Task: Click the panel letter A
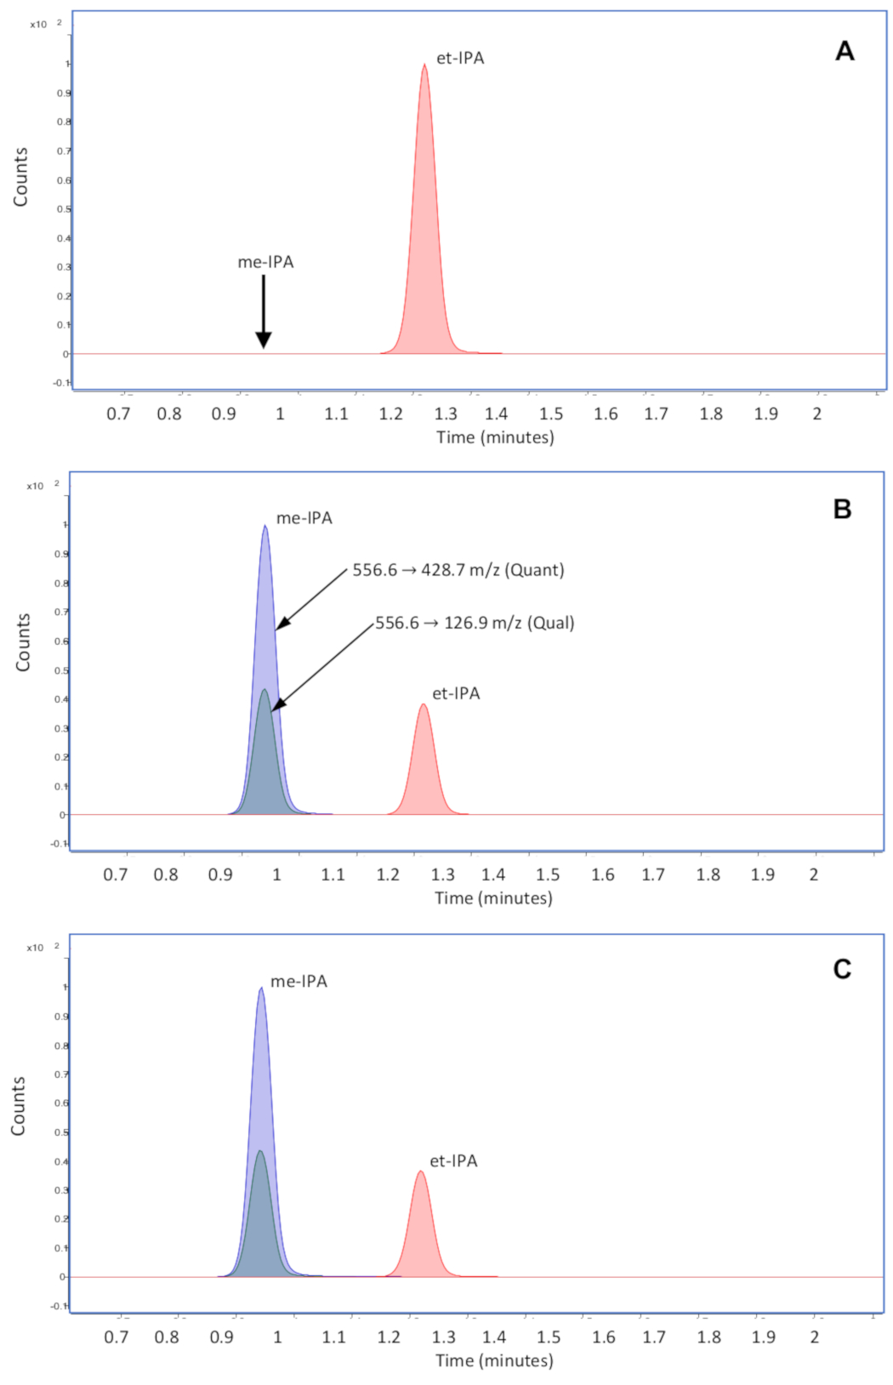click(x=844, y=51)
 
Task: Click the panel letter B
click(x=842, y=509)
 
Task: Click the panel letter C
click(x=842, y=969)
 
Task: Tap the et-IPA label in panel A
click(x=460, y=58)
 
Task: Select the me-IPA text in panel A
click(x=265, y=262)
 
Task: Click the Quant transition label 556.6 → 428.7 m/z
click(x=458, y=570)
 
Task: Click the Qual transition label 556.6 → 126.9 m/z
click(x=475, y=623)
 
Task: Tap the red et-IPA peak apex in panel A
click(x=424, y=66)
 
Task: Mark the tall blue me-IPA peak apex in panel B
click(x=265, y=527)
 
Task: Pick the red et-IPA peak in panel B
click(x=424, y=766)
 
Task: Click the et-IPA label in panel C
click(x=453, y=1161)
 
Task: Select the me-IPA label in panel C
click(x=299, y=981)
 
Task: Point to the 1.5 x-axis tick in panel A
click(x=551, y=413)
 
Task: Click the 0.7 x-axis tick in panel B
click(x=116, y=875)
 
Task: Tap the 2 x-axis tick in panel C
click(x=815, y=1337)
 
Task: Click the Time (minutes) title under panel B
click(x=493, y=898)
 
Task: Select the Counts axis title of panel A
click(x=20, y=177)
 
